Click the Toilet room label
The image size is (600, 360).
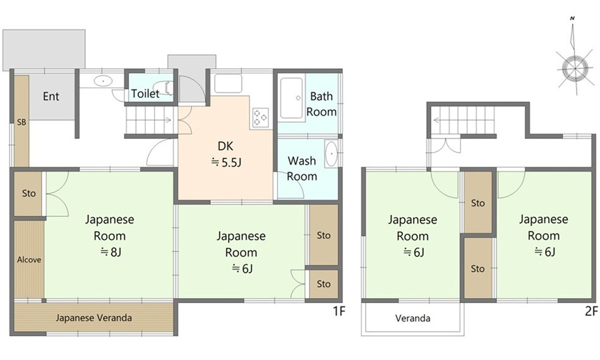(x=145, y=93)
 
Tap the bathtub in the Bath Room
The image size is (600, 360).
(x=292, y=98)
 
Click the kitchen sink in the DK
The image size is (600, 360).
(x=228, y=83)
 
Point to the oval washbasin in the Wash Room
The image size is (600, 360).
(x=331, y=154)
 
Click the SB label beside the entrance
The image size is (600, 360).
(x=21, y=123)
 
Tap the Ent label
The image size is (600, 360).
(x=51, y=96)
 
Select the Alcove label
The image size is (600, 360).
(x=28, y=260)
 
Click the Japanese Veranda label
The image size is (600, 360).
(x=93, y=318)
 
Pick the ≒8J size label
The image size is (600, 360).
(x=111, y=252)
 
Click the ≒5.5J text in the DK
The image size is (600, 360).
(x=226, y=162)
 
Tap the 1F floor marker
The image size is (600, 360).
(x=339, y=311)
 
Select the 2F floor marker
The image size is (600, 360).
(x=591, y=311)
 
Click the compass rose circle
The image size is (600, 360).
(x=575, y=68)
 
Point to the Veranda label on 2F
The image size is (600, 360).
(x=412, y=318)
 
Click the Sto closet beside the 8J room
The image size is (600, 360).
(x=28, y=194)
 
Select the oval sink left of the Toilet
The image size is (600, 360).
(x=103, y=81)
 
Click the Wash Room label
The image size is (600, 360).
(x=302, y=169)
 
